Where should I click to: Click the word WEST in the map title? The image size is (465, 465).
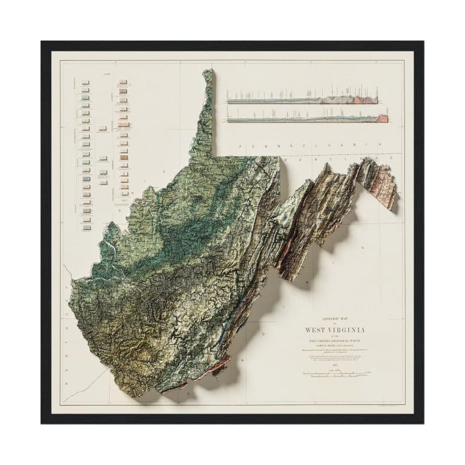(x=318, y=330)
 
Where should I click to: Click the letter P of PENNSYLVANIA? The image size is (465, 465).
(x=241, y=147)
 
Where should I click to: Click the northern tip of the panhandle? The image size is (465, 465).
(x=209, y=73)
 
